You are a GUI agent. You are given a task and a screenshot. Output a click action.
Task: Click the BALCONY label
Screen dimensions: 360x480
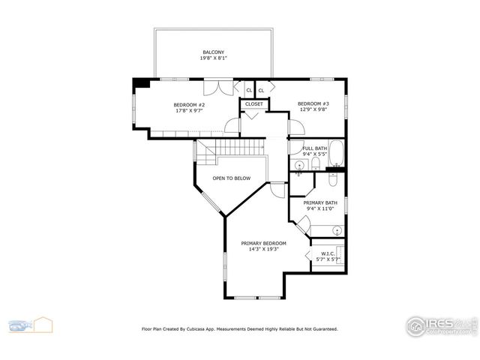pos(213,52)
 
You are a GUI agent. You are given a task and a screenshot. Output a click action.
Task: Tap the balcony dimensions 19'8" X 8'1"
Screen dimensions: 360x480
pos(213,58)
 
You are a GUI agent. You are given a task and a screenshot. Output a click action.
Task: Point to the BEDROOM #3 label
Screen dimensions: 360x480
pos(313,103)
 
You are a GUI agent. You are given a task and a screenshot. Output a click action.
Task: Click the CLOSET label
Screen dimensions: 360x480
pos(253,104)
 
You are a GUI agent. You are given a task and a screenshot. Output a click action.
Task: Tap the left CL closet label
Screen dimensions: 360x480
pos(249,91)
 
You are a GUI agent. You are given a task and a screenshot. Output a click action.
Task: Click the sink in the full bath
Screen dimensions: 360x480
pos(299,164)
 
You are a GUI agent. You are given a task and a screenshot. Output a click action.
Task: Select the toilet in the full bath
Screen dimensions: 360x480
pos(316,163)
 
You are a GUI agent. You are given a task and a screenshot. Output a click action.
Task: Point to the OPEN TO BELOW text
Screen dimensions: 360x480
pos(231,178)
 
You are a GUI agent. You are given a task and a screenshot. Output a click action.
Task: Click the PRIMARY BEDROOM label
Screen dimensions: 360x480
pos(263,244)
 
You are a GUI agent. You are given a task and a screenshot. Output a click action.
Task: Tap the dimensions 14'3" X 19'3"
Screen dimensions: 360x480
pos(263,250)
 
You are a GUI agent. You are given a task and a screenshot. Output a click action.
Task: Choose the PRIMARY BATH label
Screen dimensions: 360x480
pos(319,203)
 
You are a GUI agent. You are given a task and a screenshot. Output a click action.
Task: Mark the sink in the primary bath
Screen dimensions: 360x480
pos(337,229)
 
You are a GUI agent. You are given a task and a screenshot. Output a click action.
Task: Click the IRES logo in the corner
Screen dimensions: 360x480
pos(441,325)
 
